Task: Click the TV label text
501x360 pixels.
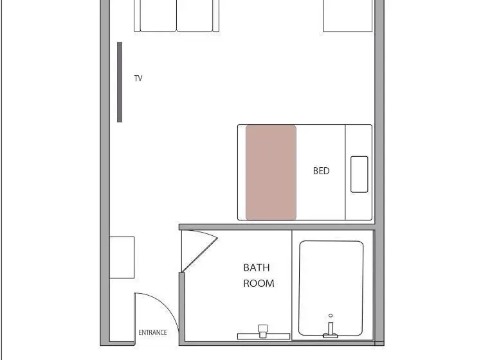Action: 138,78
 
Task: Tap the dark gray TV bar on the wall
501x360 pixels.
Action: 120,82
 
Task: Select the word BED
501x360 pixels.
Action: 321,171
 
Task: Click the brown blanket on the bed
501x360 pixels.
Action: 271,172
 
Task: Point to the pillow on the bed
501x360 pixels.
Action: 359,174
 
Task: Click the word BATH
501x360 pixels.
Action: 256,267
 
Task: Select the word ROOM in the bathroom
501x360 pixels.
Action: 259,283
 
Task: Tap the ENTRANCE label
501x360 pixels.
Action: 152,332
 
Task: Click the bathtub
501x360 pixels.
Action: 331,288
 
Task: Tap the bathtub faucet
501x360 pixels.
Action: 331,330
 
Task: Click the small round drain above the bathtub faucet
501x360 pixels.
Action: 331,316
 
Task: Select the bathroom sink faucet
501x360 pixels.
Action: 262,331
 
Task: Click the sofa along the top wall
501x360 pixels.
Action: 176,16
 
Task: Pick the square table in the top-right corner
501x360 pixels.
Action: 348,16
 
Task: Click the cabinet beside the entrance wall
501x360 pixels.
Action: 122,257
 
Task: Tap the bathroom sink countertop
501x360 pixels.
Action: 264,336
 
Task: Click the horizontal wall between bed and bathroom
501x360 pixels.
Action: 277,227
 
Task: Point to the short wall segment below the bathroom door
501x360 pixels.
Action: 182,309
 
